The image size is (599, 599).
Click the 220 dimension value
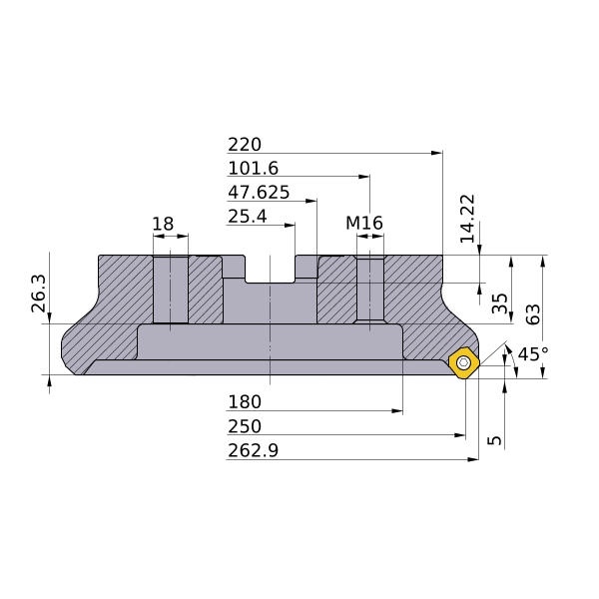pyautogui.click(x=245, y=145)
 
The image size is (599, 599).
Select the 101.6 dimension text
pyautogui.click(x=254, y=168)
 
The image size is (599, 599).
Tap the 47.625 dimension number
pyautogui.click(x=259, y=192)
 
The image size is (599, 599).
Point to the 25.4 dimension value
pyautogui.click(x=248, y=217)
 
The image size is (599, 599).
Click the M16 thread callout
pyautogui.click(x=364, y=223)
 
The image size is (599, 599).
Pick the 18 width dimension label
pyautogui.click(x=163, y=224)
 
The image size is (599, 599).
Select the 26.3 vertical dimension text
pyautogui.click(x=39, y=293)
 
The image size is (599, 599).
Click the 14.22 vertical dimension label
pyautogui.click(x=467, y=219)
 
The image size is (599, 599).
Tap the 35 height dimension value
pyautogui.click(x=500, y=303)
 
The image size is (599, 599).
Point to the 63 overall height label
pyautogui.click(x=533, y=314)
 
